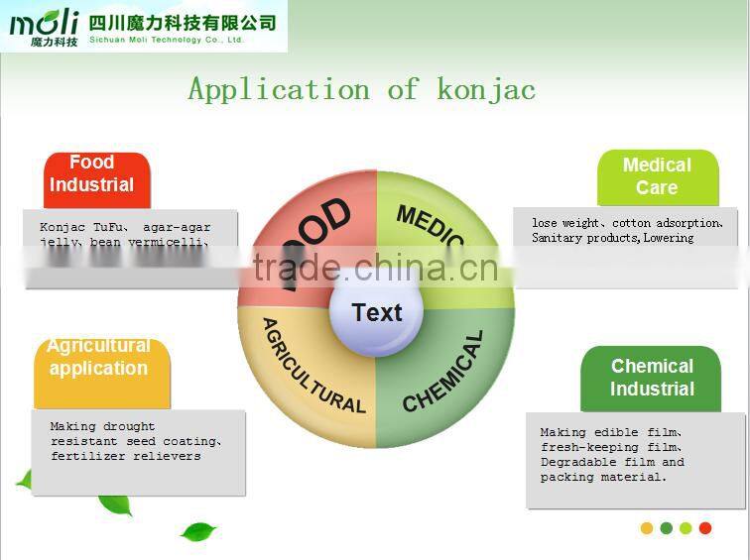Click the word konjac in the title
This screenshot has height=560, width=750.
pos(486,89)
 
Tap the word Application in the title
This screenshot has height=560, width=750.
pos(279,89)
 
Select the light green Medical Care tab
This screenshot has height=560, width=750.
pos(657,176)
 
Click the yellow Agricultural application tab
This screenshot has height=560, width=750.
pos(98,358)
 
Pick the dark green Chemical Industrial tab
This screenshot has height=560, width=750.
pos(652,378)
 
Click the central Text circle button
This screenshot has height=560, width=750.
pos(377,313)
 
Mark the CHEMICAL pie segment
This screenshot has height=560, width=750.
pos(446,377)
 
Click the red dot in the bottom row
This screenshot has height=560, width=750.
pos(705,528)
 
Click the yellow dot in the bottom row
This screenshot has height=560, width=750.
pos(647,528)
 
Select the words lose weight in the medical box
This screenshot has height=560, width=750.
pos(564,223)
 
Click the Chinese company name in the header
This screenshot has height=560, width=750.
pos(183,22)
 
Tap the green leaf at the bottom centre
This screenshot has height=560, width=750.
pos(199,531)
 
